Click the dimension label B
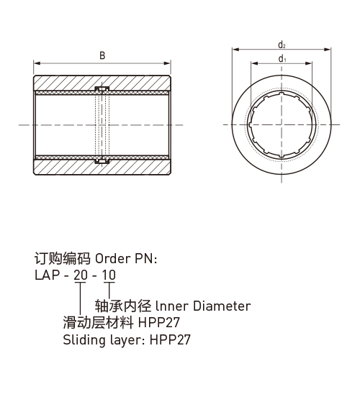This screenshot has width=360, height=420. pyautogui.click(x=102, y=55)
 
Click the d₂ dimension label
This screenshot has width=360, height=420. pyautogui.click(x=282, y=45)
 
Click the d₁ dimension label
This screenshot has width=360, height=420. pyautogui.click(x=282, y=58)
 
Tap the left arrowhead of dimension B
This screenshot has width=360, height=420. pyautogui.click(x=37, y=63)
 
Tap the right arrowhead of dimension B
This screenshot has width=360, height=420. pyautogui.click(x=167, y=63)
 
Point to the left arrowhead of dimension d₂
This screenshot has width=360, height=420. pyautogui.click(x=235, y=50)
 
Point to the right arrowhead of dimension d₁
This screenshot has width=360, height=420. pyautogui.click(x=308, y=63)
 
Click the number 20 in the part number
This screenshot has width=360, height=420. pyautogui.click(x=81, y=275)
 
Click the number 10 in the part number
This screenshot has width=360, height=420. pyautogui.click(x=109, y=275)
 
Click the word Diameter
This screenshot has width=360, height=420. pyautogui.click(x=222, y=306)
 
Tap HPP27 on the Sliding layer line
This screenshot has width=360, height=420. pyautogui.click(x=170, y=339)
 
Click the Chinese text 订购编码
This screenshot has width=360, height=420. pyautogui.click(x=62, y=258)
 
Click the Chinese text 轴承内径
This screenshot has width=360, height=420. pyautogui.click(x=123, y=306)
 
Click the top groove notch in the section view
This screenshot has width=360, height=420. pyautogui.click(x=102, y=88)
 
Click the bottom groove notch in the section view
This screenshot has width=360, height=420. pyautogui.click(x=102, y=161)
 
